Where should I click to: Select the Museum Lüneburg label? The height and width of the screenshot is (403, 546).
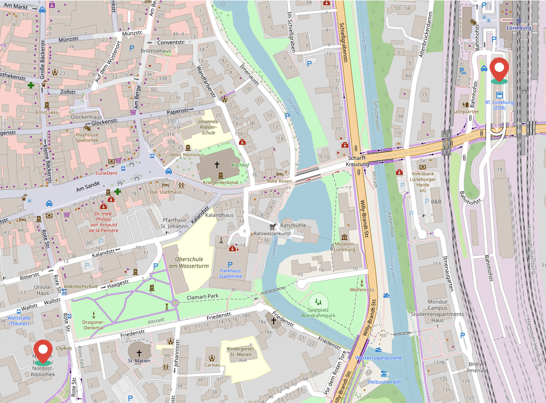(344, 246)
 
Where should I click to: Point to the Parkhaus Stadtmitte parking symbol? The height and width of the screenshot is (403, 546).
(230, 265)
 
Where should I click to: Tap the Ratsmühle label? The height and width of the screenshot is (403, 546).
(292, 225)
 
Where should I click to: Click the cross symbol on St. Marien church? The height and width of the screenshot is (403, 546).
(139, 352)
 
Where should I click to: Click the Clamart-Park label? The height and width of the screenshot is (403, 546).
(202, 297)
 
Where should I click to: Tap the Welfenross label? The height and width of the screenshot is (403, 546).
(361, 290)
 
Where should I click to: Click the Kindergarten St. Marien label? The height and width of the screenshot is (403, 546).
(242, 352)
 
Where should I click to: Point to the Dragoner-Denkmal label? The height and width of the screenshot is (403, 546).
(93, 325)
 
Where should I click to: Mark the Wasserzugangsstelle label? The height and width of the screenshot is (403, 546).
(378, 358)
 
